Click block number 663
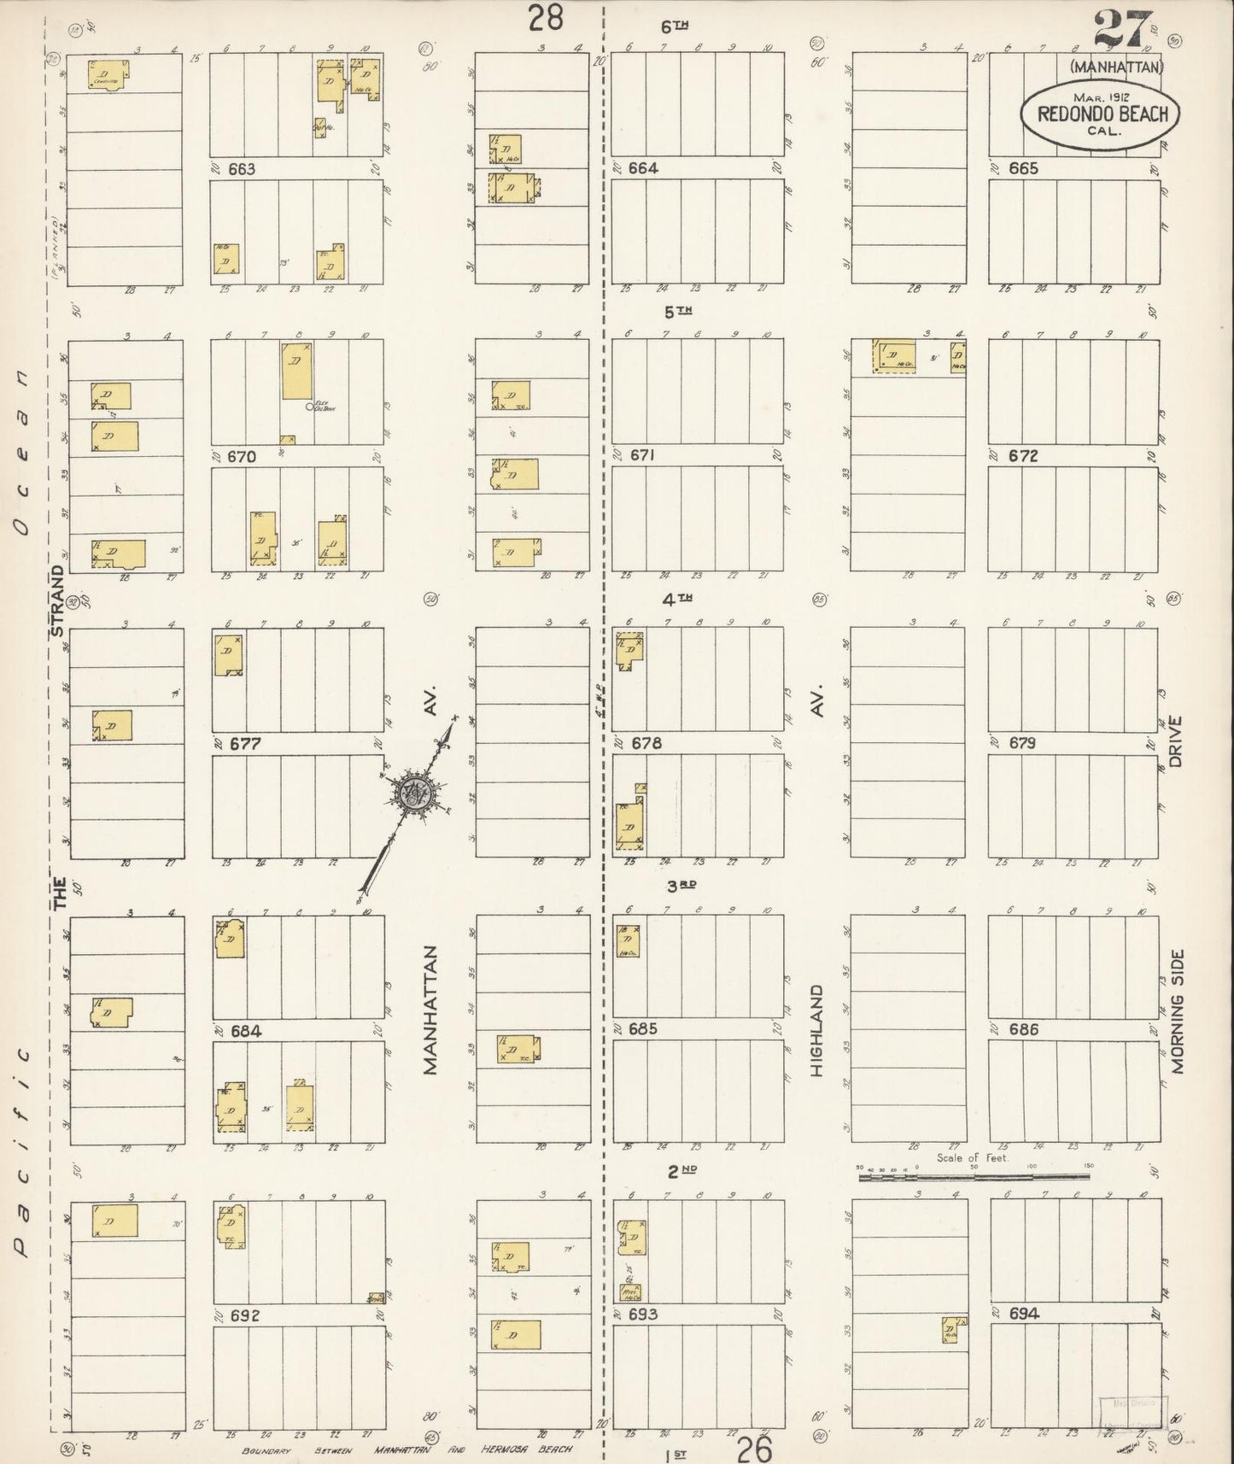242,169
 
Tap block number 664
642,168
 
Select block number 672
1022,456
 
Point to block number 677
244,744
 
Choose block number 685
642,1029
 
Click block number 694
1023,1314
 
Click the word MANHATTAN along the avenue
429,1009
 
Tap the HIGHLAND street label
817,1030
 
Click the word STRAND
58,600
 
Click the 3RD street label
683,886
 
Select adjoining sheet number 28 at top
546,16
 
